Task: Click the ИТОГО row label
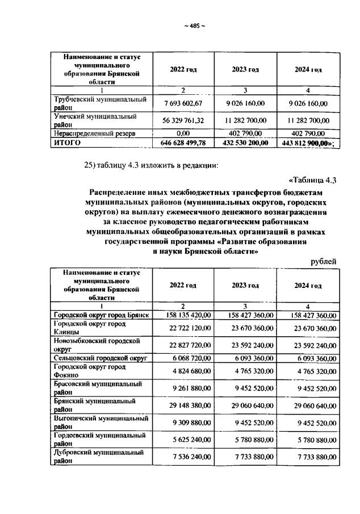pyautogui.click(x=65, y=143)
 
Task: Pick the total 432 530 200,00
pyautogui.click(x=245, y=143)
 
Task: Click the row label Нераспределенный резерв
pyautogui.click(x=94, y=134)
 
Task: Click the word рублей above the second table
pyautogui.click(x=324, y=261)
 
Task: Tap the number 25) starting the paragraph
pyautogui.click(x=92, y=165)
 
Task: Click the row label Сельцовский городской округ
pyautogui.click(x=101, y=358)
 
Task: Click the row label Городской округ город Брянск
pyautogui.click(x=101, y=315)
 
